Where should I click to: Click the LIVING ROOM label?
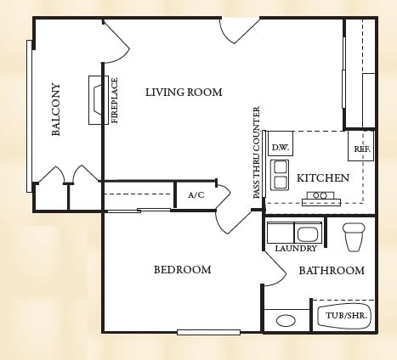pyautogui.click(x=184, y=93)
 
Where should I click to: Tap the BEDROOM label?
pyautogui.click(x=183, y=269)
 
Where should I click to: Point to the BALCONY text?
pyautogui.click(x=56, y=110)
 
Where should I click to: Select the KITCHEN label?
pyautogui.click(x=323, y=178)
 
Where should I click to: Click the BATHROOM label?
pyautogui.click(x=332, y=271)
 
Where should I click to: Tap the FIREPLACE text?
pyautogui.click(x=115, y=100)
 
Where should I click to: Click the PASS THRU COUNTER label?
pyautogui.click(x=256, y=152)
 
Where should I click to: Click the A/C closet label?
pyautogui.click(x=196, y=195)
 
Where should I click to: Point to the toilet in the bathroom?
pyautogui.click(x=354, y=237)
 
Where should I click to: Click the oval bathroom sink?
pyautogui.click(x=286, y=321)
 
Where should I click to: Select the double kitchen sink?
pyautogui.click(x=280, y=175)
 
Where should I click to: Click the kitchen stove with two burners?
pyautogui.click(x=321, y=199)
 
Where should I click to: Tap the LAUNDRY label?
pyautogui.click(x=296, y=249)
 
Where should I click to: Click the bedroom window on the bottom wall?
pyautogui.click(x=208, y=332)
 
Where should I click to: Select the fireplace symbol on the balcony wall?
pyautogui.click(x=99, y=100)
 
